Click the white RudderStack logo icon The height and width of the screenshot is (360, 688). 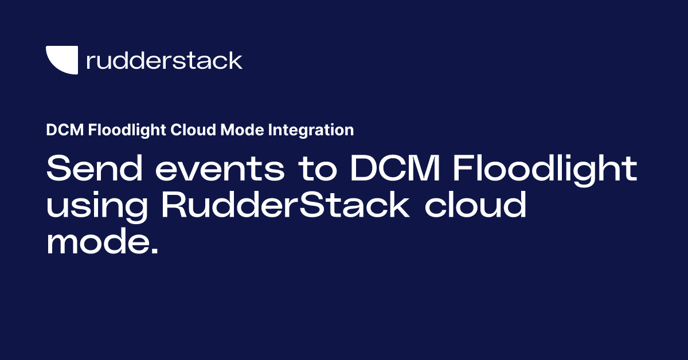pyautogui.click(x=61, y=60)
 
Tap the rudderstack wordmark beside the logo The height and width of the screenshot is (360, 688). pyautogui.click(x=164, y=60)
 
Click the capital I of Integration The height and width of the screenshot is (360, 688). pyautogui.click(x=272, y=131)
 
